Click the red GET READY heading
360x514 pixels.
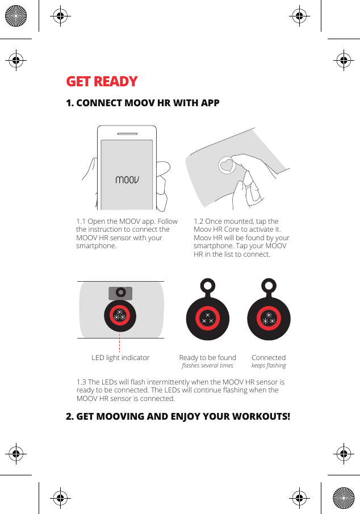(x=102, y=82)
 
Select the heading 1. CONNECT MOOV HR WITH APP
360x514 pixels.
(x=143, y=103)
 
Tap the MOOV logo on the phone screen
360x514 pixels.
(x=127, y=180)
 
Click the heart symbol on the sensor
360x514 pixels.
(x=227, y=165)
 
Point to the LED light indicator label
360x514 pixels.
(x=120, y=358)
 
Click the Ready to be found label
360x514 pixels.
(x=207, y=358)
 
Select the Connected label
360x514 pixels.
(x=269, y=358)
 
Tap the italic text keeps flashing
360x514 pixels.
(x=269, y=366)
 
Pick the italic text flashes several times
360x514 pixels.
(x=207, y=366)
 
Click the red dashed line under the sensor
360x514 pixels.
(x=120, y=343)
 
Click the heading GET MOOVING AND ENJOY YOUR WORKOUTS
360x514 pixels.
(x=178, y=416)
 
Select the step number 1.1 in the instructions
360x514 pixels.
(x=82, y=222)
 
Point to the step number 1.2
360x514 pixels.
(x=200, y=222)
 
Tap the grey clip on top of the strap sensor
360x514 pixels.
(x=120, y=292)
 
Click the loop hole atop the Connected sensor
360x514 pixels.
(x=269, y=285)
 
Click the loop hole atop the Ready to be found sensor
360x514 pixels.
(x=208, y=285)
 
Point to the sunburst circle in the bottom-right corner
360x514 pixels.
(x=344, y=498)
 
